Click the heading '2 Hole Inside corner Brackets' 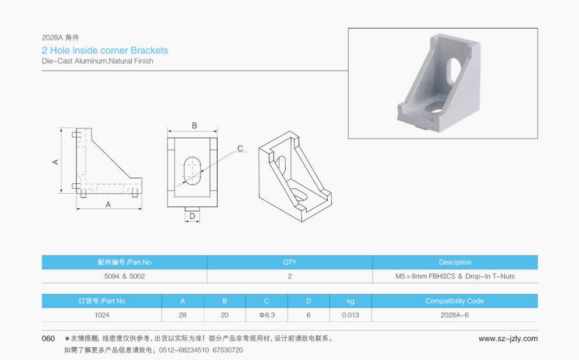105,51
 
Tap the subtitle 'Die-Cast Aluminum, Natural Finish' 97,61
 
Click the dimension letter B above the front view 194,125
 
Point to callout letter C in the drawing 240,149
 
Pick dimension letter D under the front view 192,216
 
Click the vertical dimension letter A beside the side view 56,162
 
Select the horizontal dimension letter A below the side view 108,204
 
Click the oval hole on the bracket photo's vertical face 455,68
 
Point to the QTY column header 289,262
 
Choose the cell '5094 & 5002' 124,276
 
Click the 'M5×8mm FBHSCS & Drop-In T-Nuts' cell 455,276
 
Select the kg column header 350,301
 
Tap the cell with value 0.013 350,315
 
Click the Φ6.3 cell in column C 266,315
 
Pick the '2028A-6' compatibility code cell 454,315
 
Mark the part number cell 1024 101,315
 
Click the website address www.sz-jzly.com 508,338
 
